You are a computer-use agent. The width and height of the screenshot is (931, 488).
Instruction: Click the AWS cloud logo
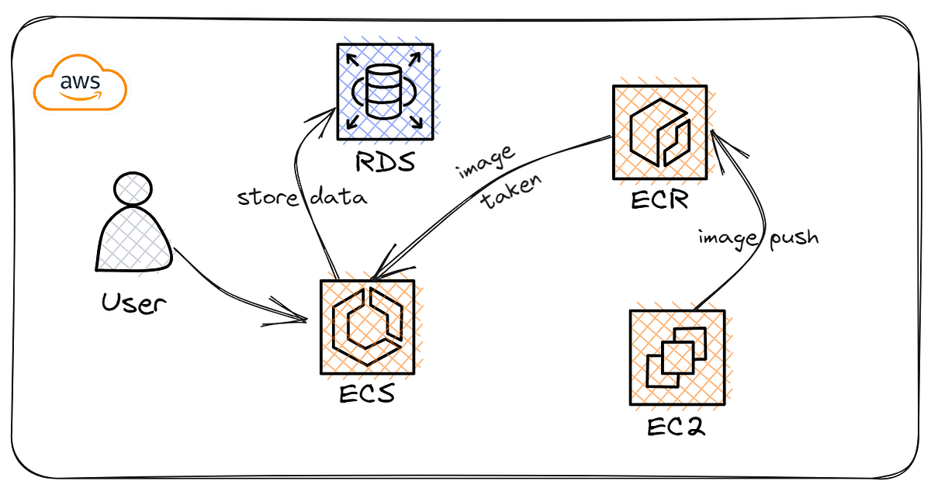pyautogui.click(x=80, y=88)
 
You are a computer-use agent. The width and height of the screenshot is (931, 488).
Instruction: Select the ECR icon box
pyautogui.click(x=659, y=132)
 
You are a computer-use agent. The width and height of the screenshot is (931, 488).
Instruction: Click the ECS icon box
pyautogui.click(x=367, y=327)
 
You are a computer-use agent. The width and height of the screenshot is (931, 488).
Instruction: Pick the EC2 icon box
pyautogui.click(x=677, y=357)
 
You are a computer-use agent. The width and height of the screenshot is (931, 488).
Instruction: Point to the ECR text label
pyautogui.click(x=659, y=201)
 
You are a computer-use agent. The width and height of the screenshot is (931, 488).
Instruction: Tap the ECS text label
pyautogui.click(x=367, y=393)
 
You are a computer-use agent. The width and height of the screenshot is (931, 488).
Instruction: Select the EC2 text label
pyautogui.click(x=675, y=425)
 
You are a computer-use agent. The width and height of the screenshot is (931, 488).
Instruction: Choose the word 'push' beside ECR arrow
pyautogui.click(x=792, y=237)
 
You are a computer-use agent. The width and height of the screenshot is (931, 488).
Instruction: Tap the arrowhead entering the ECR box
pyautogui.click(x=715, y=139)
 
